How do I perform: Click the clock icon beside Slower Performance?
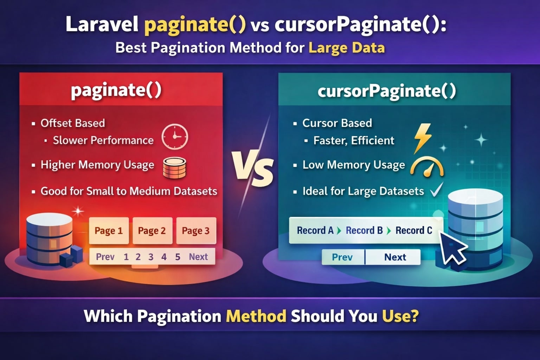(175, 137)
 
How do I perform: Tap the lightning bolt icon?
(422, 139)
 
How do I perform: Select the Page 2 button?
(152, 231)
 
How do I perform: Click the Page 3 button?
(196, 231)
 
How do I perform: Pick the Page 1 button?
(109, 231)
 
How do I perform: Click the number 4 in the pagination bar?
(164, 257)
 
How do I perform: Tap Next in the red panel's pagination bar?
(198, 257)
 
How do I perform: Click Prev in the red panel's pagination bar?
(105, 257)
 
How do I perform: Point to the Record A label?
(315, 230)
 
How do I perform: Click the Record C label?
(414, 230)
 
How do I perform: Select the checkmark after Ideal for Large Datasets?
(437, 190)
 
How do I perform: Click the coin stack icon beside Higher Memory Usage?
(174, 168)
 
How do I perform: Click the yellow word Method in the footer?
(256, 316)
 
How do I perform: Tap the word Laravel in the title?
(102, 24)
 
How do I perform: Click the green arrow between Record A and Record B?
(339, 231)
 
